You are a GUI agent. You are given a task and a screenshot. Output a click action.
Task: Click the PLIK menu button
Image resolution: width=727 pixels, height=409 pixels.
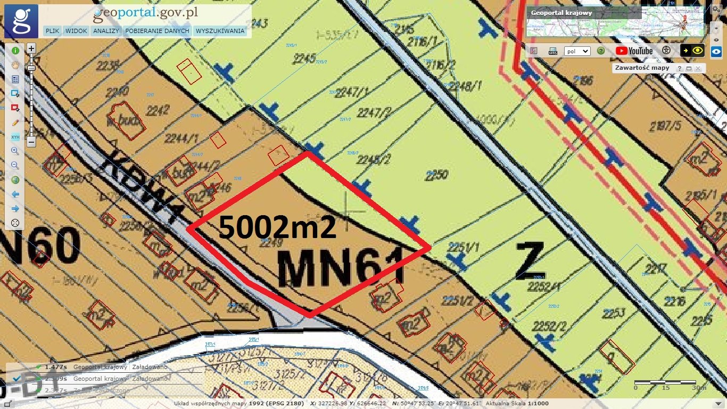pyautogui.click(x=52, y=31)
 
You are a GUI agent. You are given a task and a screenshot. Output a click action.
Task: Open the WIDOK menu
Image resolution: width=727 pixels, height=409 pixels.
pyautogui.click(x=77, y=31)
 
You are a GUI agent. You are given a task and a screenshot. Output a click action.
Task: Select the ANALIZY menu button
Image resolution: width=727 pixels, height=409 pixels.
pyautogui.click(x=106, y=31)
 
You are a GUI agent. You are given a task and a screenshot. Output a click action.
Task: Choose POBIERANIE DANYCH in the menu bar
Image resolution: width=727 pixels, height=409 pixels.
pyautogui.click(x=157, y=31)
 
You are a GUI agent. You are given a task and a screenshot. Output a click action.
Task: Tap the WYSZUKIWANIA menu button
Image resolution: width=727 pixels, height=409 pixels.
pyautogui.click(x=220, y=31)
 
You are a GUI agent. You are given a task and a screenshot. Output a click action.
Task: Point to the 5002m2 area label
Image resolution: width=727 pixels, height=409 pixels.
pyautogui.click(x=277, y=227)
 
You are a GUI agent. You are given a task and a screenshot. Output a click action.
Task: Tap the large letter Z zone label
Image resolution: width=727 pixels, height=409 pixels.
pyautogui.click(x=530, y=260)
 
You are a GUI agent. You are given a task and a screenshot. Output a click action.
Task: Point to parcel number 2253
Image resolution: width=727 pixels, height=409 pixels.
pyautogui.click(x=613, y=313)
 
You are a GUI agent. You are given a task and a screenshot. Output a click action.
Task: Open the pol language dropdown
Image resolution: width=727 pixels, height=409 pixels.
pyautogui.click(x=577, y=51)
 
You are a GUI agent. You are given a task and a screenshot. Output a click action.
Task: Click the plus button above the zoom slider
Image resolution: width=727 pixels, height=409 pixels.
pyautogui.click(x=31, y=48)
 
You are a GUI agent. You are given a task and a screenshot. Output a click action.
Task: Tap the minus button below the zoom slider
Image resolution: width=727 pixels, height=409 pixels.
pyautogui.click(x=31, y=142)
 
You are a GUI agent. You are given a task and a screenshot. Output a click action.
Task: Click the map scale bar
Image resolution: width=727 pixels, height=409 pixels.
pyautogui.click(x=665, y=382)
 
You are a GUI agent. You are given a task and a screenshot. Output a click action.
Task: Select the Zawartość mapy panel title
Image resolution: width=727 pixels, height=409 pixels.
pyautogui.click(x=641, y=68)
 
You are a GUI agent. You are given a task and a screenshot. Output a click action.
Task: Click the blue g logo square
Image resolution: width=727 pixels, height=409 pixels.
pyautogui.click(x=21, y=21)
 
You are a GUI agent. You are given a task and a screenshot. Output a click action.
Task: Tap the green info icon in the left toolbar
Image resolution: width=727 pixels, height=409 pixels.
pyautogui.click(x=15, y=51)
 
